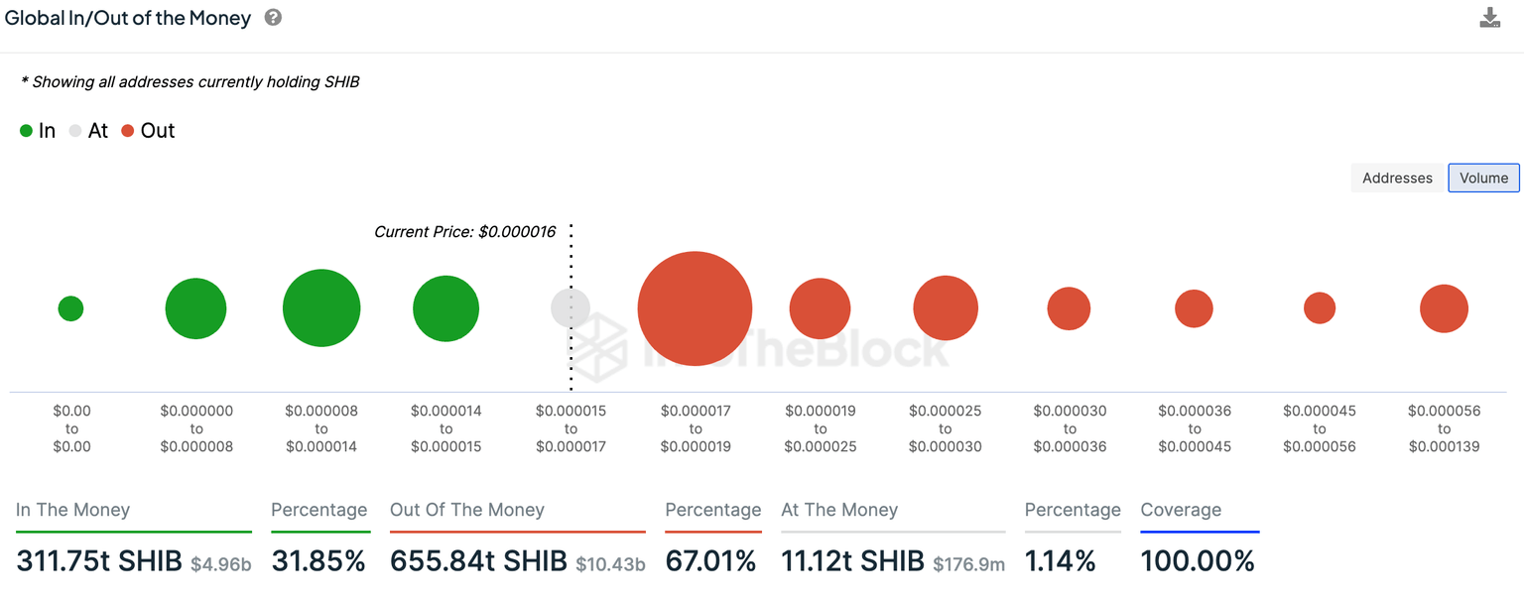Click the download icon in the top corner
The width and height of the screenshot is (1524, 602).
coord(1489,18)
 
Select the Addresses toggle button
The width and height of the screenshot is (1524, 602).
coord(1397,178)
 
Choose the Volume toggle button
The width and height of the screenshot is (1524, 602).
coord(1483,178)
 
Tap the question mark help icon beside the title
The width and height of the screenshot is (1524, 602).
coord(274,18)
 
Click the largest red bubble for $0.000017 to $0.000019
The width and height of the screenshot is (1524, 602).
coord(695,308)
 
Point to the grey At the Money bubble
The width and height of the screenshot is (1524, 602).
coord(571,307)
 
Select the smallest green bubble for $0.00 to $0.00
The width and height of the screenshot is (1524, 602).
coord(70,308)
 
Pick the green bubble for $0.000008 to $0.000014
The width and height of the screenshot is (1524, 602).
coord(321,308)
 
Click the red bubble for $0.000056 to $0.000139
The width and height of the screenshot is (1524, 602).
coord(1444,308)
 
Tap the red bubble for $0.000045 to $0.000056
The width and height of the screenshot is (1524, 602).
coord(1320,308)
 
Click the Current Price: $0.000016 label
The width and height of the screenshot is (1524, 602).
coord(464,231)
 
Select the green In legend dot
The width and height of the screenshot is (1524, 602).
coord(27,131)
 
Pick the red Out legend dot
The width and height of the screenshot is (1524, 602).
coord(127,131)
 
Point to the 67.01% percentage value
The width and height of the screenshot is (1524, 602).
coord(710,561)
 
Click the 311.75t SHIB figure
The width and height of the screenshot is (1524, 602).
coord(98,561)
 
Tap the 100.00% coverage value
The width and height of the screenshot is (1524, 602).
coord(1198,561)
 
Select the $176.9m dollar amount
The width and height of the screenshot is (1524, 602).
coord(968,564)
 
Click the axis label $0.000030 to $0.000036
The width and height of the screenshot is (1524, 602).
coord(1070,428)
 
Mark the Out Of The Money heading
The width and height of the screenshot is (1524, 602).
coord(466,510)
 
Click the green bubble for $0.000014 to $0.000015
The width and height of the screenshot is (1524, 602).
coord(445,308)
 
